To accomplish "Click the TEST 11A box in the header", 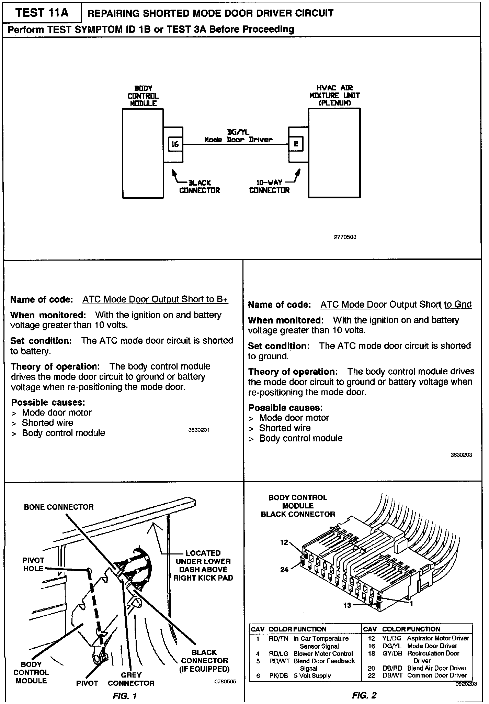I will coord(42,13).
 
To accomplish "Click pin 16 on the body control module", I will coord(175,144).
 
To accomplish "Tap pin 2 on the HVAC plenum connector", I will coord(296,144).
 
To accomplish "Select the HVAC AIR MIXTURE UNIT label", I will coord(334,96).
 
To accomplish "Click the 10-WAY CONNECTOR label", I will coord(270,186).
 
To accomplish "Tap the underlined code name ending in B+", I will coord(155,299).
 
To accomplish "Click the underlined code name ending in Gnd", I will coord(396,305).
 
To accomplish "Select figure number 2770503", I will coord(345,237).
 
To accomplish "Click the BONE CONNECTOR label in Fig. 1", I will coord(59,507).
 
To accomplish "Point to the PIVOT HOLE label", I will coord(33,564).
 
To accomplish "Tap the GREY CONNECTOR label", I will coord(131,679).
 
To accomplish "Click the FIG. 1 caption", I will coord(125,696).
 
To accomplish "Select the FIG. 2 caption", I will coord(364,695).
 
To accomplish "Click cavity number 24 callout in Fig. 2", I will coord(284,570).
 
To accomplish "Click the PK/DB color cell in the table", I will coord(278,676).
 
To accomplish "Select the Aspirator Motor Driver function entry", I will coord(438,638).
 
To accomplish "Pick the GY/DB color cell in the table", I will coord(392,653).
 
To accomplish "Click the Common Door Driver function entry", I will coord(437,675).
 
